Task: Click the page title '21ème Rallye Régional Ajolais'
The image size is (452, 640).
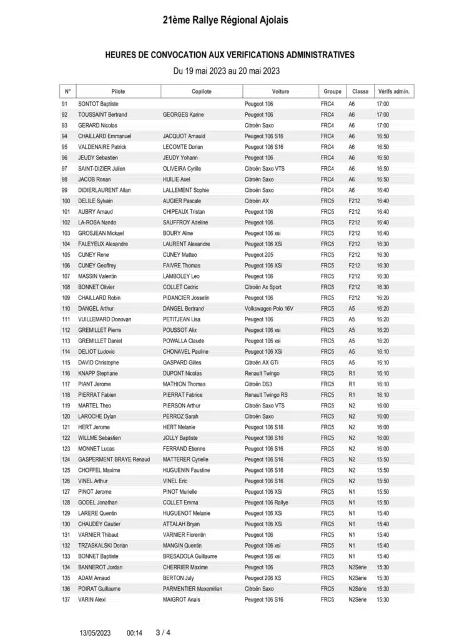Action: pyautogui.click(x=225, y=21)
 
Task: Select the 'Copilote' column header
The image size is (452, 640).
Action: pyautogui.click(x=202, y=91)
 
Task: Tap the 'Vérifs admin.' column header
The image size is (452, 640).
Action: pyautogui.click(x=393, y=91)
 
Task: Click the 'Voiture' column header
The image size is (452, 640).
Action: pyautogui.click(x=280, y=91)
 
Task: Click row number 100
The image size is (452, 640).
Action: pyautogui.click(x=66, y=201)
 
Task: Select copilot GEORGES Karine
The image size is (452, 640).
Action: pyautogui.click(x=184, y=115)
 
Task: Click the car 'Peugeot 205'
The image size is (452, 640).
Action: pyautogui.click(x=258, y=255)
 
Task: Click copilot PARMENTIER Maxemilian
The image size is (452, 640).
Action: pyautogui.click(x=192, y=589)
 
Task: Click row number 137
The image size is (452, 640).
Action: pyautogui.click(x=66, y=599)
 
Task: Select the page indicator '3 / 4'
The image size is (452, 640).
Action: pyautogui.click(x=162, y=632)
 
